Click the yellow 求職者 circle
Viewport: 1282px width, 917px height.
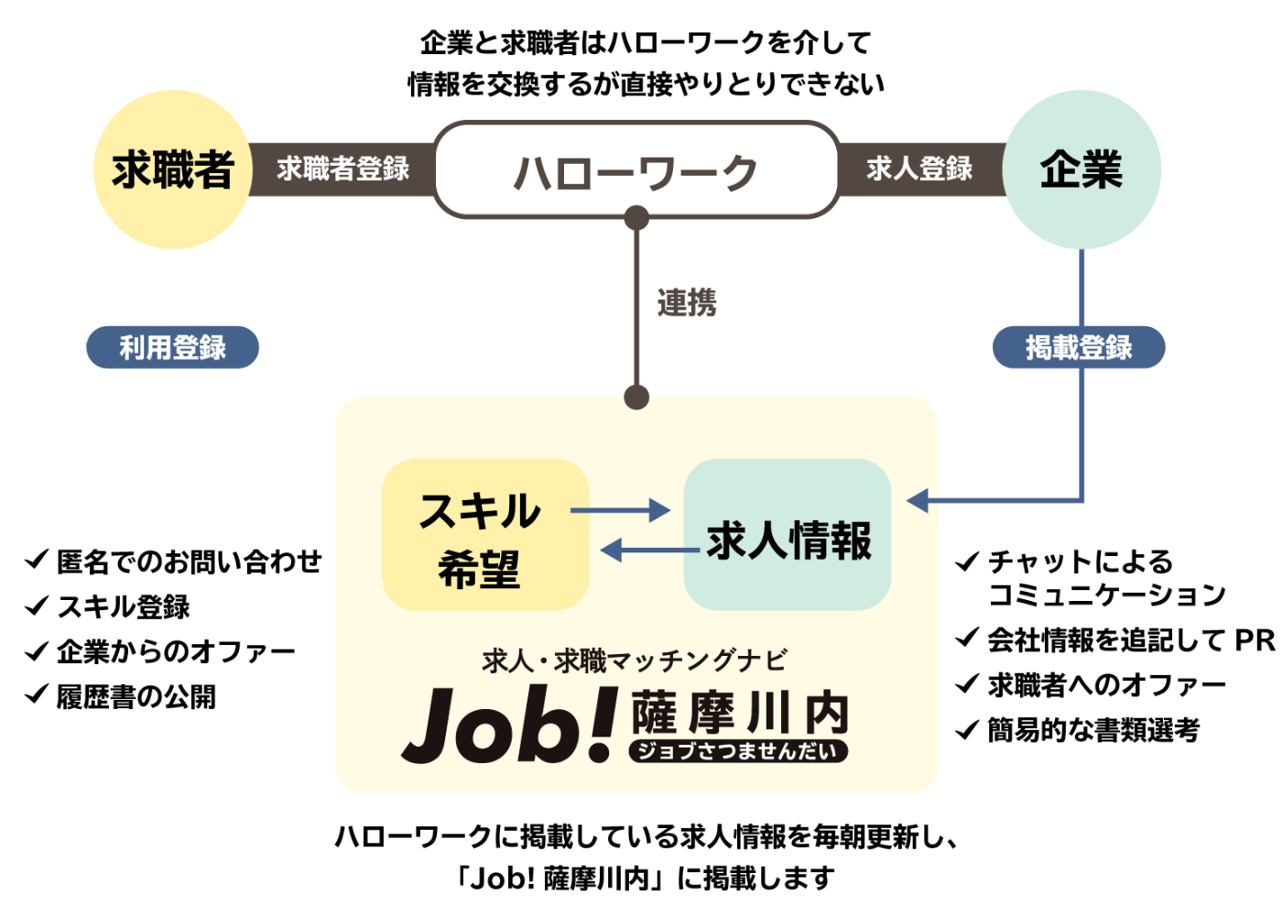pyautogui.click(x=172, y=169)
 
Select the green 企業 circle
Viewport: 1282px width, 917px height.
pyautogui.click(x=1081, y=169)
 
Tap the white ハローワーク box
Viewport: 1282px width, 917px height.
pyautogui.click(x=636, y=170)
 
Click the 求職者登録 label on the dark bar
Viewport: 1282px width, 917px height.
pyautogui.click(x=342, y=169)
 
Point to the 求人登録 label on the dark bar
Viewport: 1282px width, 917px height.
pyautogui.click(x=919, y=169)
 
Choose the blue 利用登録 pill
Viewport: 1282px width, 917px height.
pyautogui.click(x=172, y=348)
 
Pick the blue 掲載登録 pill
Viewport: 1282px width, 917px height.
pyautogui.click(x=1079, y=348)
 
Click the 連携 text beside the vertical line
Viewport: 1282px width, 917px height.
pyautogui.click(x=687, y=302)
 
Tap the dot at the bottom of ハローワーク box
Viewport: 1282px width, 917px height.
pyautogui.click(x=636, y=218)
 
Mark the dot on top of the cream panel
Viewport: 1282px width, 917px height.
pyautogui.click(x=636, y=398)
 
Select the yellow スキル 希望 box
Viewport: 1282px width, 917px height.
pyautogui.click(x=485, y=535)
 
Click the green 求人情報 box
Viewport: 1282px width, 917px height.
pyautogui.click(x=788, y=535)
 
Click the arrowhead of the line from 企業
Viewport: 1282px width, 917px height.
pyautogui.click(x=918, y=500)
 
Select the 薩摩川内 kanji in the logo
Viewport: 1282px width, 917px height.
pyautogui.click(x=740, y=713)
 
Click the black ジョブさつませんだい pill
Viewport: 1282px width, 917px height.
pyautogui.click(x=738, y=751)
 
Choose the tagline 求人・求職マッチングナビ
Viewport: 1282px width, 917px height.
pyautogui.click(x=635, y=660)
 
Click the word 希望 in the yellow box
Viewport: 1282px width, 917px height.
pyautogui.click(x=479, y=570)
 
